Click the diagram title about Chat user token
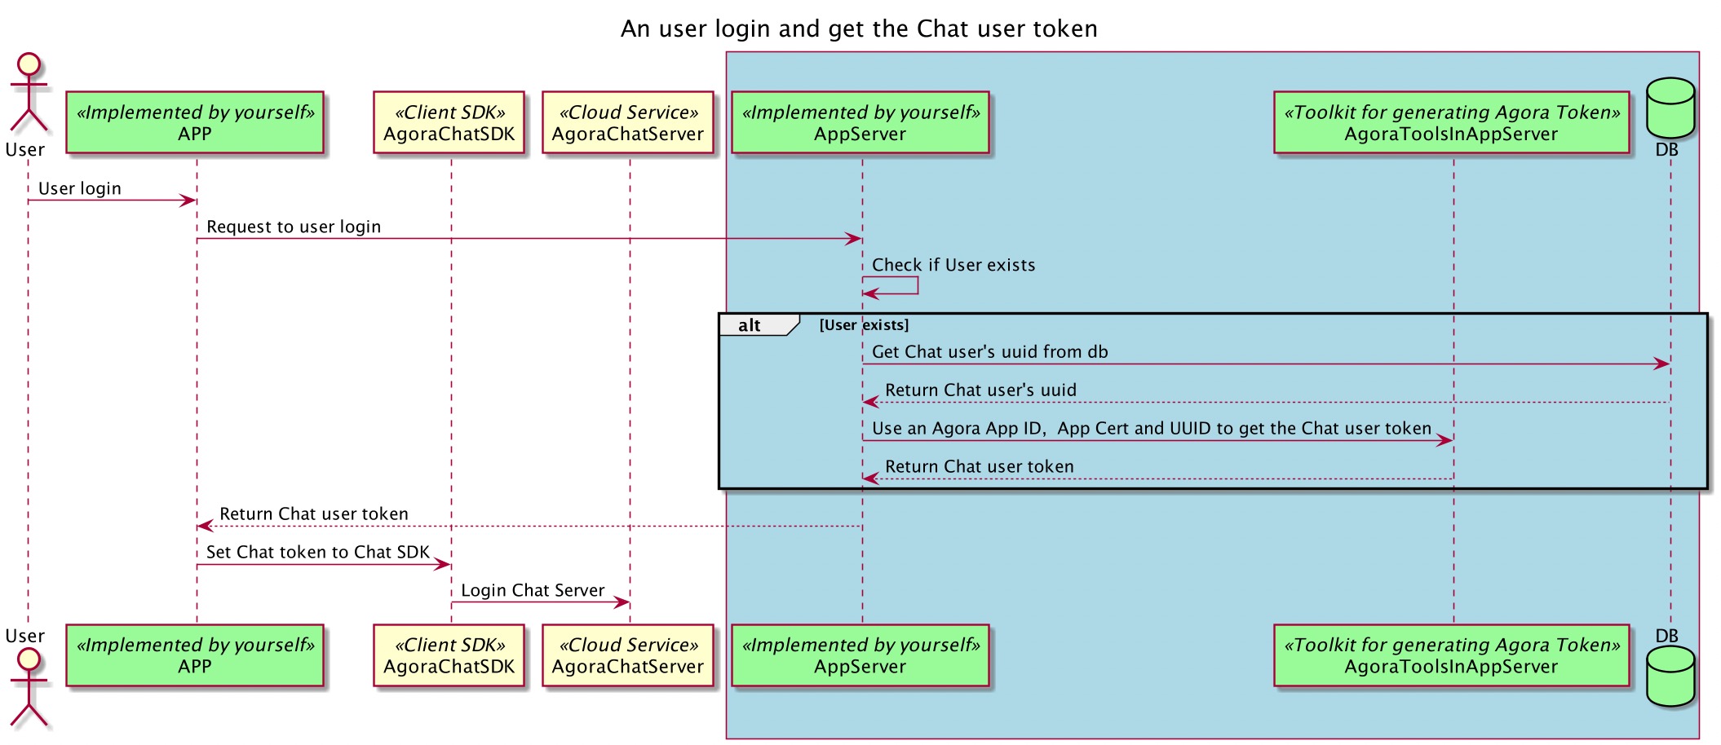(859, 29)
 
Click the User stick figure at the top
(29, 94)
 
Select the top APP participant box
(195, 122)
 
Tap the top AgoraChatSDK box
(449, 122)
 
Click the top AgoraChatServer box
(627, 122)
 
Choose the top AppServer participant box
(860, 122)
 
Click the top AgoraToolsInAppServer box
(1451, 122)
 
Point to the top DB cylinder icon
(1670, 108)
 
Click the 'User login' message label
(80, 188)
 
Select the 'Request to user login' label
(294, 227)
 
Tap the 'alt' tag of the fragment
(750, 325)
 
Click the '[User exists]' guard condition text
(864, 325)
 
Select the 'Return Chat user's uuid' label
(980, 390)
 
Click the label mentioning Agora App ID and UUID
(1151, 429)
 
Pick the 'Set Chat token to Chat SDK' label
(317, 552)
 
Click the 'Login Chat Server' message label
(533, 590)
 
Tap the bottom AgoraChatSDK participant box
(449, 655)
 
